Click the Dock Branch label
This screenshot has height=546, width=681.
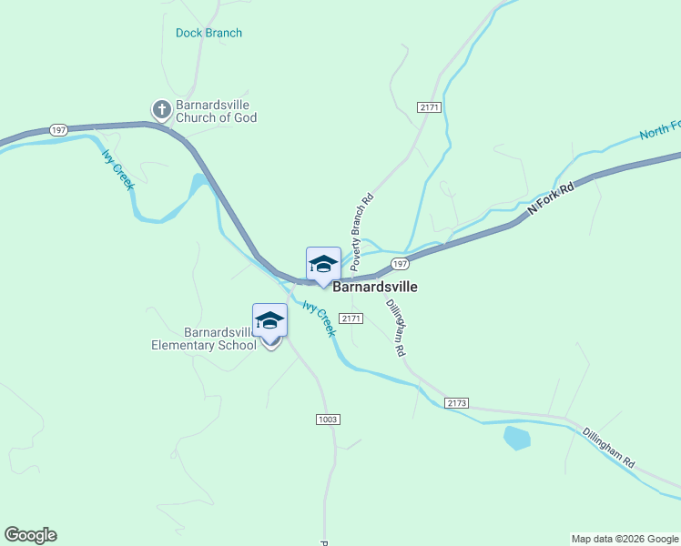pyautogui.click(x=208, y=33)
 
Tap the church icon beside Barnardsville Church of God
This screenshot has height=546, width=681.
pyautogui.click(x=162, y=110)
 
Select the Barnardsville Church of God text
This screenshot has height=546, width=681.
pyautogui.click(x=217, y=111)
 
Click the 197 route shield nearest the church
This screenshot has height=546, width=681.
pyautogui.click(x=59, y=130)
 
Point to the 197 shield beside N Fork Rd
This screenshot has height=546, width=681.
pyautogui.click(x=399, y=263)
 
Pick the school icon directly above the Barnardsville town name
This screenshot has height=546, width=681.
pyautogui.click(x=323, y=264)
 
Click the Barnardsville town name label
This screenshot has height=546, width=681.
pyautogui.click(x=375, y=287)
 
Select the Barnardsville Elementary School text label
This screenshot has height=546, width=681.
pyautogui.click(x=204, y=338)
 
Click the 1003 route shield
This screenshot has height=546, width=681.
pyautogui.click(x=328, y=419)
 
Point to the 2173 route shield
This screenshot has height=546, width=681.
pyautogui.click(x=456, y=402)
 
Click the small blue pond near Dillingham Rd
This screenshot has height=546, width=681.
pyautogui.click(x=516, y=437)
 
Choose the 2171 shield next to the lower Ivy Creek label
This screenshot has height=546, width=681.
pyautogui.click(x=351, y=318)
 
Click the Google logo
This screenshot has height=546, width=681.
pyautogui.click(x=30, y=535)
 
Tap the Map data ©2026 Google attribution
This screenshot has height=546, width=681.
pyautogui.click(x=625, y=539)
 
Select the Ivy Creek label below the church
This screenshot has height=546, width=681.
pyautogui.click(x=117, y=169)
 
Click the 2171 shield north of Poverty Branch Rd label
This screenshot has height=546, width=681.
pyautogui.click(x=430, y=107)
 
